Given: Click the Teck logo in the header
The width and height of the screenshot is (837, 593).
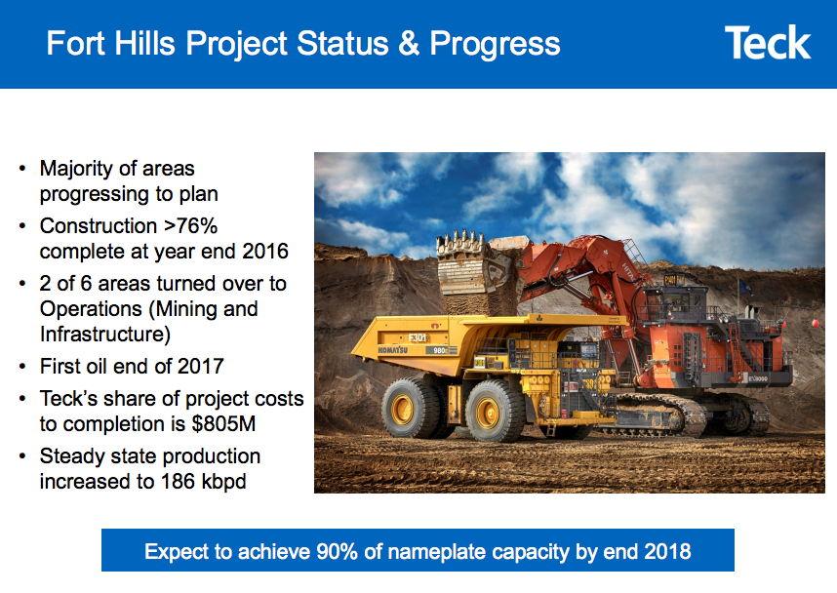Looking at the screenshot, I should pos(767,44).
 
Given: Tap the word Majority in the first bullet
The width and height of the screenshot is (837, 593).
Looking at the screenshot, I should pos(76,168).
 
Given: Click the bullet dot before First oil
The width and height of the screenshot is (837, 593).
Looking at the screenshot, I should pos(22,368).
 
